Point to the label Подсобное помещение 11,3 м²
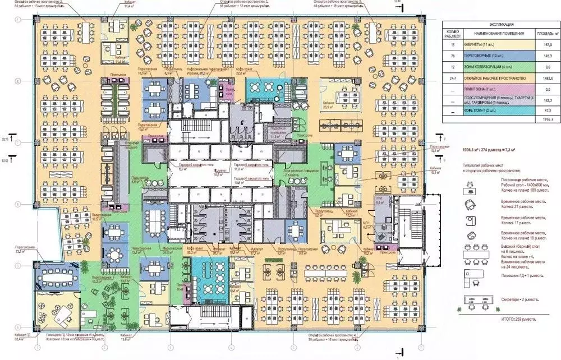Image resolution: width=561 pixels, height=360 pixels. (x=277, y=133)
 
